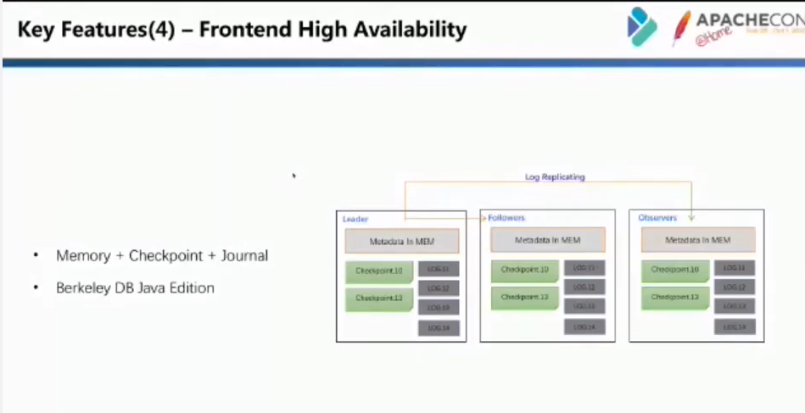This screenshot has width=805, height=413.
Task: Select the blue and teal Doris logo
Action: [x=642, y=27]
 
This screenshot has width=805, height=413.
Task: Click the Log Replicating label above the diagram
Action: [x=555, y=177]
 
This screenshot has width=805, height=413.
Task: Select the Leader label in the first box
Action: [x=355, y=219]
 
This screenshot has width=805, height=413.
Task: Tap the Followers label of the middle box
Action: [x=506, y=218]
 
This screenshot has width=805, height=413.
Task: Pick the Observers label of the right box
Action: [x=657, y=218]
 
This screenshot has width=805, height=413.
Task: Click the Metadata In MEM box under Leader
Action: [x=402, y=242]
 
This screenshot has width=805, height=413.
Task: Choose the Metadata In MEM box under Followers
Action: [x=547, y=241]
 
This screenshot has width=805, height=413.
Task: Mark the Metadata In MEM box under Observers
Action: [x=697, y=240]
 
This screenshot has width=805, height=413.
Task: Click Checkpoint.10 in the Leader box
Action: [x=378, y=271]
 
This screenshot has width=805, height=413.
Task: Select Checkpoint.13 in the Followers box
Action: [x=524, y=297]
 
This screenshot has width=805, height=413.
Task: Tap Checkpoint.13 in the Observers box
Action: [x=674, y=297]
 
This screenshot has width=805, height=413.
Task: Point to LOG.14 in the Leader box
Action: [x=439, y=327]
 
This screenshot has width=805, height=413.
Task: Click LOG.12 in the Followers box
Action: [x=584, y=287]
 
